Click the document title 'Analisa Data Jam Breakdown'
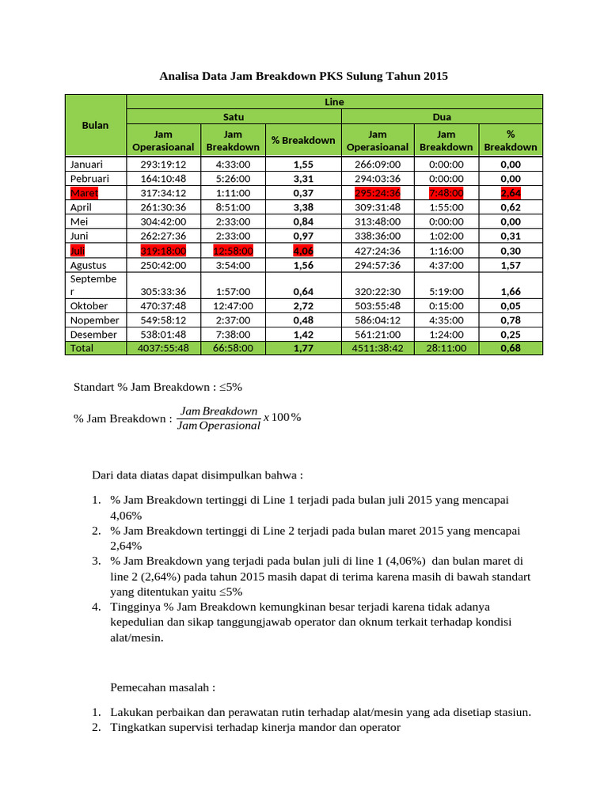pos(303,77)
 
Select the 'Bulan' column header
pos(95,125)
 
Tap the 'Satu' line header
pos(234,116)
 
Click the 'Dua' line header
pos(441,116)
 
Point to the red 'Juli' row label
pos(78,251)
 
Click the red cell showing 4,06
pos(303,251)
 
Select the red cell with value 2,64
pos(511,193)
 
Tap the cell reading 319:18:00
pos(162,251)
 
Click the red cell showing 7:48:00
pos(446,193)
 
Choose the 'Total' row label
pos(82,348)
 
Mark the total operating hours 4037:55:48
pos(162,348)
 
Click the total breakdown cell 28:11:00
pos(446,348)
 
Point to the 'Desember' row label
pos(93,334)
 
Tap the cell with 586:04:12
pos(378,320)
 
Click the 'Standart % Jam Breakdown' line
pos(158,388)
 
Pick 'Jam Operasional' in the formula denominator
pos(218,426)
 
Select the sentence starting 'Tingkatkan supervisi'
pos(255,727)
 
